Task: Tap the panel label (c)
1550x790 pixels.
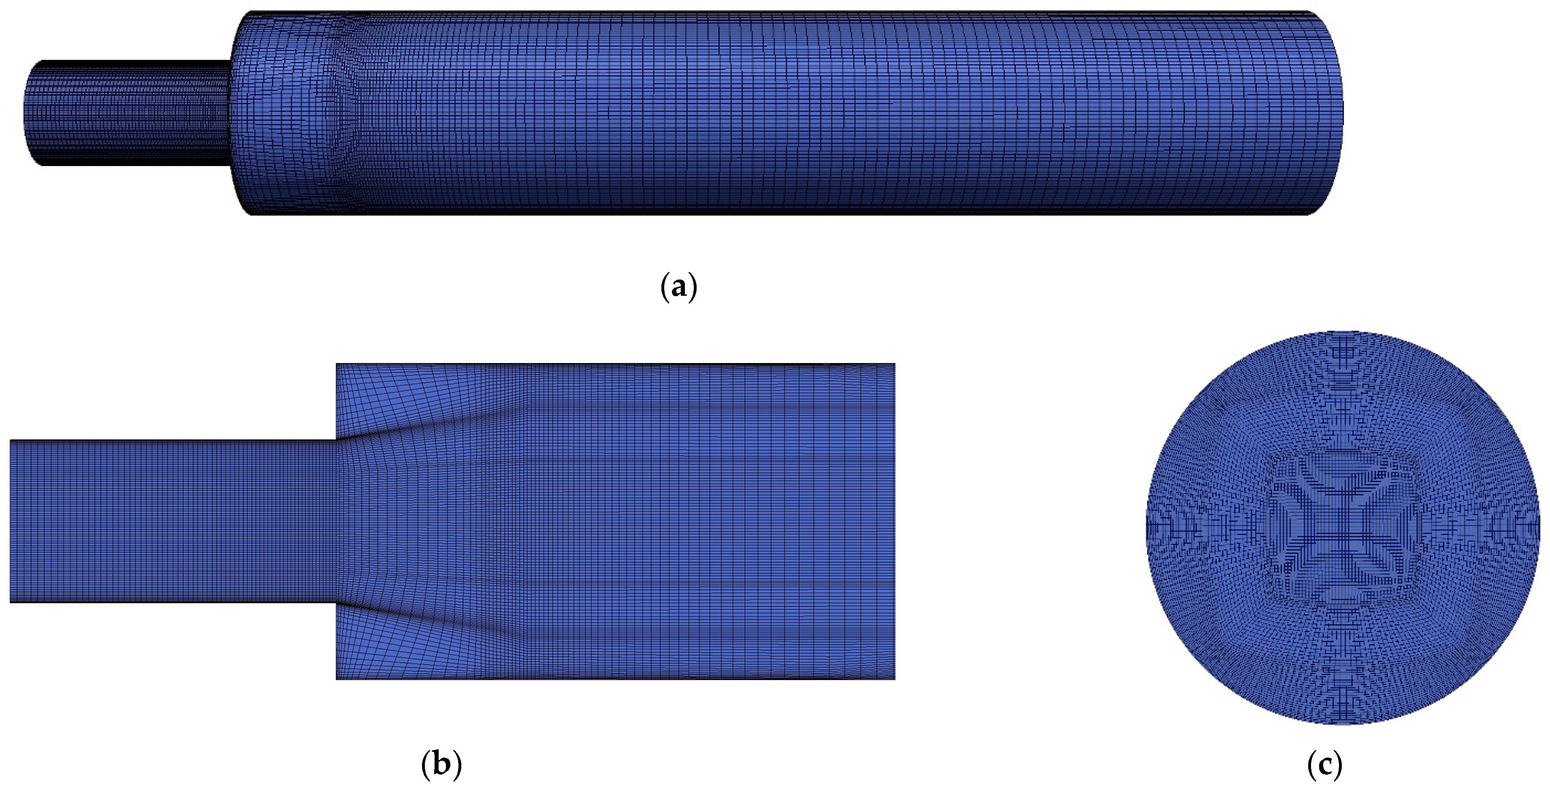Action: coord(1325,765)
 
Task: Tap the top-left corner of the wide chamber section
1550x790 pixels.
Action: coord(336,364)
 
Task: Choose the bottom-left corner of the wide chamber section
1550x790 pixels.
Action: coord(336,679)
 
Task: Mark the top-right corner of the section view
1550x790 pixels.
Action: coord(895,364)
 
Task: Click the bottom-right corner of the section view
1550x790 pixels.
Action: coord(895,679)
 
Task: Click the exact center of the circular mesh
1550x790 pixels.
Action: coord(1343,527)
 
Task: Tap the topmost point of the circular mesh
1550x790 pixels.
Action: coord(1343,331)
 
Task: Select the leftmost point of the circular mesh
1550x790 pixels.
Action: coord(1146,527)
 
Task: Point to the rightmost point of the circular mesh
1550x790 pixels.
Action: coord(1540,527)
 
